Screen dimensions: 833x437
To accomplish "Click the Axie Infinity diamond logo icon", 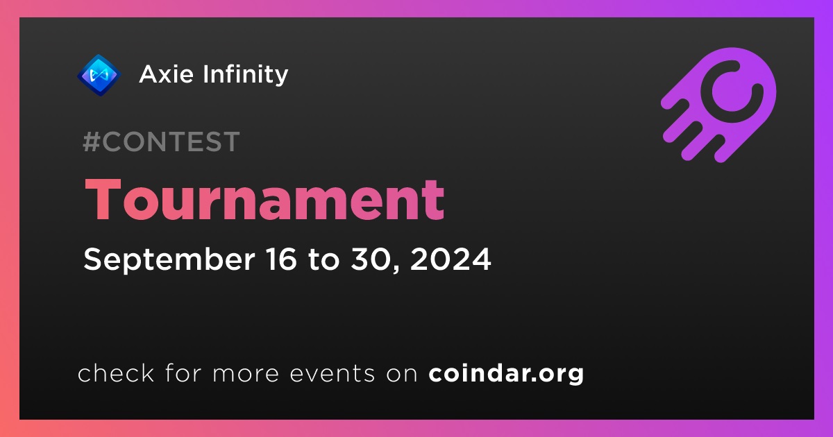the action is (99, 75).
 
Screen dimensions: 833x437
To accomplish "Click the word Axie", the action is (166, 74).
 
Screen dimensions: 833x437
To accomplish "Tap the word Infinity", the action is (246, 75).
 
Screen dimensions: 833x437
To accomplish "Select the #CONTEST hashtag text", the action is (161, 142).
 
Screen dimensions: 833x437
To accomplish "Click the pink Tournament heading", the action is (264, 199).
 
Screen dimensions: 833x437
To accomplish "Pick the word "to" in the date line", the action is (323, 259).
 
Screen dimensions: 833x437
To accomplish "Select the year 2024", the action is (451, 259).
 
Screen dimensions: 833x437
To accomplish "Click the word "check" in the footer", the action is (116, 372).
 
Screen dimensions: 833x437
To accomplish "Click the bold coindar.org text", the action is (506, 373).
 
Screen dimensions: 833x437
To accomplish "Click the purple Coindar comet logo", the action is (718, 105).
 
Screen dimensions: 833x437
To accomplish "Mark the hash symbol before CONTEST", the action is (91, 142).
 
